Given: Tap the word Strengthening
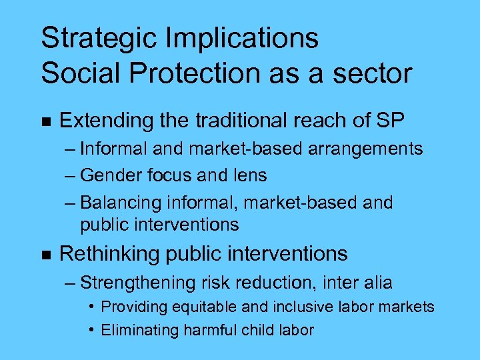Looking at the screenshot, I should coord(137,283).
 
